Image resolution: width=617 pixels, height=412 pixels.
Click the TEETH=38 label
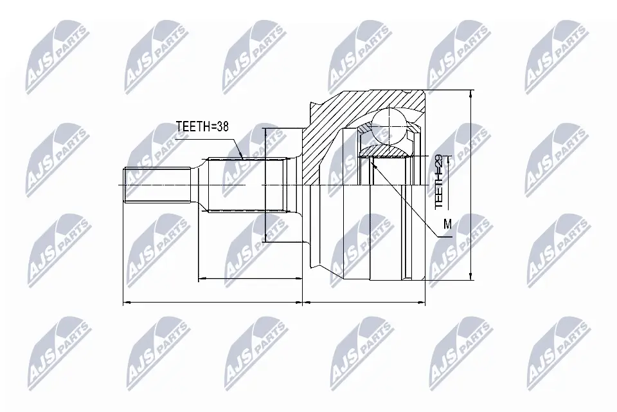click(x=202, y=127)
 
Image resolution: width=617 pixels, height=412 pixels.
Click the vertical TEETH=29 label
click(x=439, y=182)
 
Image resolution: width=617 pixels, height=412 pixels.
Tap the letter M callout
click(x=447, y=224)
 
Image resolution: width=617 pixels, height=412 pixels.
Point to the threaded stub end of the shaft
click(x=154, y=185)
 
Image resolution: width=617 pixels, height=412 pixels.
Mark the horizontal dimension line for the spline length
click(x=251, y=279)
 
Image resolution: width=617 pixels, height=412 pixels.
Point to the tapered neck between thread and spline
click(x=199, y=185)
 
